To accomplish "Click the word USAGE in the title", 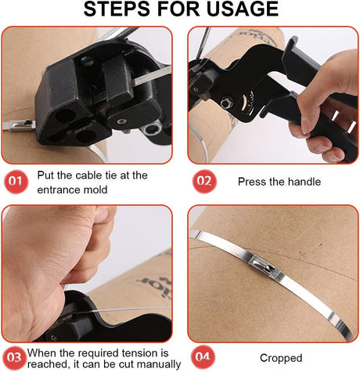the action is point(243,9).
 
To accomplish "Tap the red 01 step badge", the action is point(16,182).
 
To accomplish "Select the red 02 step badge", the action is point(204,181).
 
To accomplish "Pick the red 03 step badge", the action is point(14,358).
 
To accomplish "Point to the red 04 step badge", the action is point(203,357).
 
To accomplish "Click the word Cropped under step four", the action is point(281,358).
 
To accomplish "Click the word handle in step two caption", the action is point(304,182).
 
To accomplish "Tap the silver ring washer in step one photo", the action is point(151,128).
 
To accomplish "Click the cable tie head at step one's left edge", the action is point(19,125).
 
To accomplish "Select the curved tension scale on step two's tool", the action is point(246,104).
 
